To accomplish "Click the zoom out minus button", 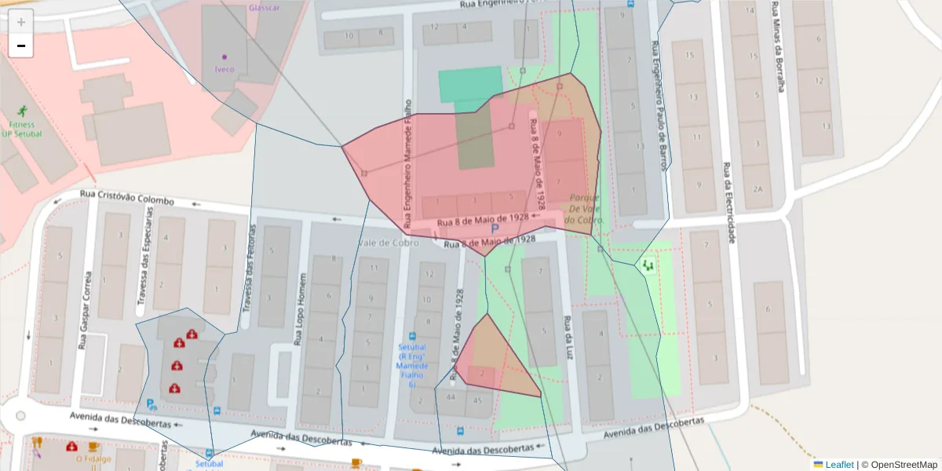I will [x=21, y=46].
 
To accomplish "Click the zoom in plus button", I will [x=21, y=22].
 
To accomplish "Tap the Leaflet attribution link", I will [x=838, y=465].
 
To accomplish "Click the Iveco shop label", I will [x=225, y=69].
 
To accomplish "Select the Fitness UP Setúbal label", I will [x=22, y=129].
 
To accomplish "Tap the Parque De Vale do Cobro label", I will [x=586, y=209].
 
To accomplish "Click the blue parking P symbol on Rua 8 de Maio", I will [x=495, y=229].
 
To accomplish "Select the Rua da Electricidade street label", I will [x=729, y=203].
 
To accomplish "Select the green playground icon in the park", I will [x=648, y=265].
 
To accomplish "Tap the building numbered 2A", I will [x=757, y=189].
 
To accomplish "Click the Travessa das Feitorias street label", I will [x=251, y=265].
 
